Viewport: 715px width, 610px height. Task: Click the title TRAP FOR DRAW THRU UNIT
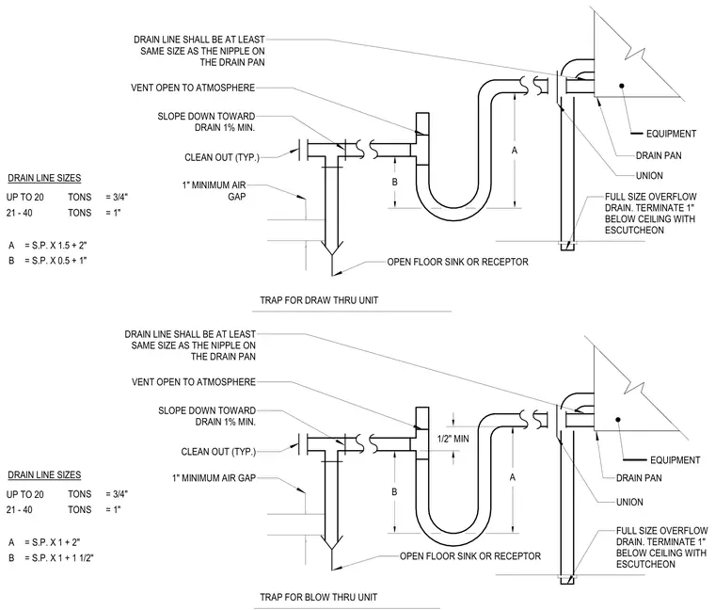click(319, 300)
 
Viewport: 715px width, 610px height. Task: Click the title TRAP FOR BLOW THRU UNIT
click(319, 597)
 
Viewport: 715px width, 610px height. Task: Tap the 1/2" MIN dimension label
click(453, 439)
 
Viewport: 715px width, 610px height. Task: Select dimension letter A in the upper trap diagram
click(515, 150)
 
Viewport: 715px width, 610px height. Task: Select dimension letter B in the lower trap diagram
click(394, 491)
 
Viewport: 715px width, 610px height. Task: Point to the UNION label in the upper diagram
click(649, 176)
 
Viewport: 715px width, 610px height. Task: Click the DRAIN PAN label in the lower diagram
click(639, 478)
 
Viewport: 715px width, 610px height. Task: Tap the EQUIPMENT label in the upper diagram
click(671, 134)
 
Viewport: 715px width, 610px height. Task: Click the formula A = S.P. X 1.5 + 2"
click(47, 246)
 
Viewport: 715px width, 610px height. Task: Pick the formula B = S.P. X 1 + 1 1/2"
click(51, 558)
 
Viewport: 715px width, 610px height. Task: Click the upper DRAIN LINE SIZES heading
click(44, 178)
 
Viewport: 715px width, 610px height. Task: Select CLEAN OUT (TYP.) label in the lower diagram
click(218, 452)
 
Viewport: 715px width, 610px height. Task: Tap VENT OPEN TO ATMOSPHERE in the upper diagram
click(193, 88)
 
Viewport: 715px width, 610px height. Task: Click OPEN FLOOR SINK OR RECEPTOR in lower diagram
click(470, 556)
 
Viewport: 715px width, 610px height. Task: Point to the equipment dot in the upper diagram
click(621, 86)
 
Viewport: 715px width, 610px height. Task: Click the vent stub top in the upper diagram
click(422, 113)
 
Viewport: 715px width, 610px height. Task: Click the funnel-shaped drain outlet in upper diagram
click(332, 248)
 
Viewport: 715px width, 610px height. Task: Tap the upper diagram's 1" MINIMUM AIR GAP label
click(214, 191)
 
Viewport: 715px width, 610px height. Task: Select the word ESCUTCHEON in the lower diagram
click(645, 565)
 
